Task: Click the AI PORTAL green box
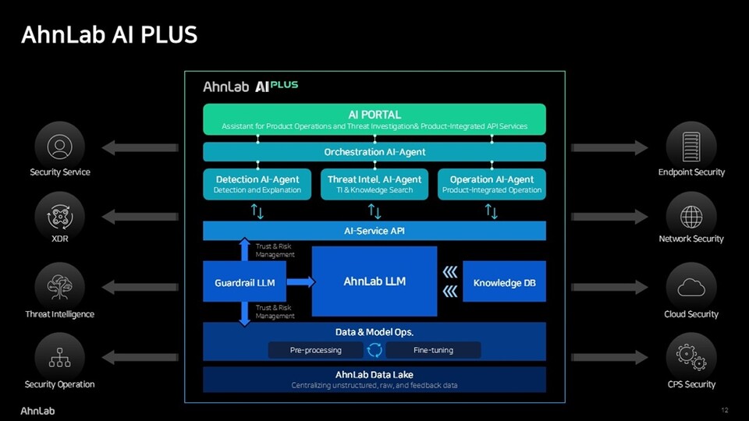(374, 119)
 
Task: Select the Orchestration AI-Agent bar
(374, 151)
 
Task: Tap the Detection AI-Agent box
(257, 184)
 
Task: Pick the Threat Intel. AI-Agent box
(374, 184)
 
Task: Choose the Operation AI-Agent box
(492, 184)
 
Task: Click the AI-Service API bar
(374, 231)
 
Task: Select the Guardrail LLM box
(244, 282)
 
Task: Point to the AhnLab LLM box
(374, 281)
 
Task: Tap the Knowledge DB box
(504, 282)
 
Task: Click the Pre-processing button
(316, 350)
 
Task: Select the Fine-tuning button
(433, 350)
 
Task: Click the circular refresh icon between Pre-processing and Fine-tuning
(374, 350)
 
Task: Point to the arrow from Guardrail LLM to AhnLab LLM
(300, 282)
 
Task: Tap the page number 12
(725, 410)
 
